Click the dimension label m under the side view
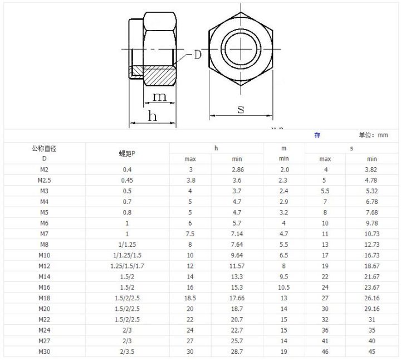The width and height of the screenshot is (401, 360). pyautogui.click(x=159, y=97)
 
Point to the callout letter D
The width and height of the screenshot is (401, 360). pyautogui.click(x=197, y=55)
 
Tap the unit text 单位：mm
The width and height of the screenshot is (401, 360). pyautogui.click(x=373, y=135)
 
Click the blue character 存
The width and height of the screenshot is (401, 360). pyautogui.click(x=317, y=135)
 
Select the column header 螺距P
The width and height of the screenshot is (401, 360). pyautogui.click(x=127, y=153)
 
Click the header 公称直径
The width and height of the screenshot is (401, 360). pyautogui.click(x=45, y=148)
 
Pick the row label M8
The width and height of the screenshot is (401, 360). pyautogui.click(x=45, y=244)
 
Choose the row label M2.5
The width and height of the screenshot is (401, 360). pyautogui.click(x=45, y=181)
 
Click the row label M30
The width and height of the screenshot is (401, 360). pyautogui.click(x=45, y=351)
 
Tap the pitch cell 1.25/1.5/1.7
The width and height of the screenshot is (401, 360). pyautogui.click(x=127, y=266)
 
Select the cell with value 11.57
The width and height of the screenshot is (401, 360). pyautogui.click(x=237, y=266)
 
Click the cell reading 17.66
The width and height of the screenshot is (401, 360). pyautogui.click(x=237, y=298)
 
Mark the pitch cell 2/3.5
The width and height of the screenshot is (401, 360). pyautogui.click(x=127, y=351)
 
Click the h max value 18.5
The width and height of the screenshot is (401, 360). pyautogui.click(x=190, y=298)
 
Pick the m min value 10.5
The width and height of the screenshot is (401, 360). pyautogui.click(x=283, y=288)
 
